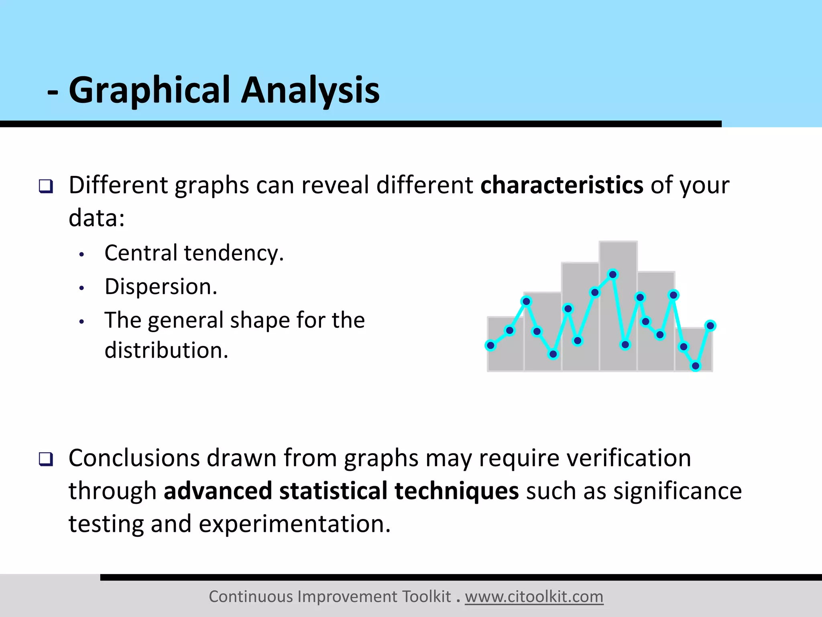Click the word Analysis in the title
[310, 91]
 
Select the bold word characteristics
[562, 186]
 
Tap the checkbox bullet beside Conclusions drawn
[46, 459]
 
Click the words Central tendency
[194, 253]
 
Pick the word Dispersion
[161, 287]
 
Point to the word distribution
[166, 350]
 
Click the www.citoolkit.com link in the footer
[534, 597]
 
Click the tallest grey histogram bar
[618, 257]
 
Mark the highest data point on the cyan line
[613, 275]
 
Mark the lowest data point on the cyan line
[696, 366]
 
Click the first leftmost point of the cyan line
[490, 345]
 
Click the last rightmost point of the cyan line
[710, 326]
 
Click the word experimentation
[294, 525]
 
